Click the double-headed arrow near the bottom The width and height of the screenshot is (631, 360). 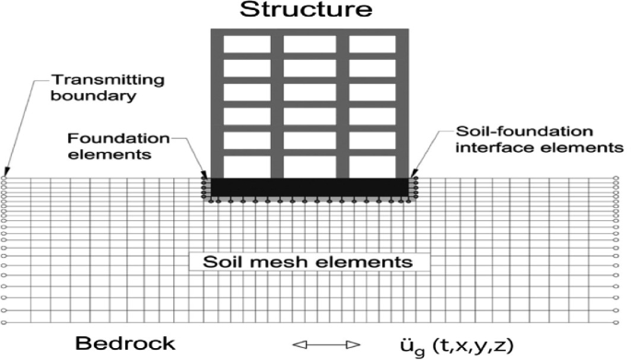(326, 345)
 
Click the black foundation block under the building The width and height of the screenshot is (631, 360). (310, 187)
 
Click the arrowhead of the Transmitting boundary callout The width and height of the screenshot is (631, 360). (6, 172)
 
